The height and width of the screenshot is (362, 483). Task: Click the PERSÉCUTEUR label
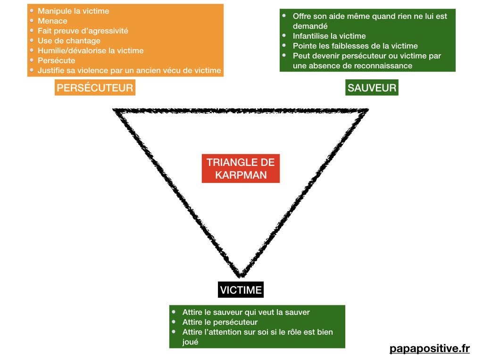(x=95, y=87)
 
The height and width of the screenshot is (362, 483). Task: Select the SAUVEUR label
(x=372, y=87)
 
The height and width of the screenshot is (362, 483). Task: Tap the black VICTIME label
(x=241, y=289)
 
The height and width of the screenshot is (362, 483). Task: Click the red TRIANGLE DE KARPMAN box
(x=241, y=168)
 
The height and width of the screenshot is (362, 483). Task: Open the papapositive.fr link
(x=430, y=348)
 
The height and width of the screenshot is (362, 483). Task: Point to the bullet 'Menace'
(x=52, y=21)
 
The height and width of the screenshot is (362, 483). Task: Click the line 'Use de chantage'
(x=69, y=41)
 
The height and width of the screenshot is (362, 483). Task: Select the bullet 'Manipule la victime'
(x=73, y=11)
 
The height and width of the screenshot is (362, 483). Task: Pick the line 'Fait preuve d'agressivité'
(x=83, y=31)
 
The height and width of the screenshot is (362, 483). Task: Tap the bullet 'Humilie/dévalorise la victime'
(x=91, y=50)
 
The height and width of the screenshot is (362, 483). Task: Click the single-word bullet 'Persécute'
(x=56, y=60)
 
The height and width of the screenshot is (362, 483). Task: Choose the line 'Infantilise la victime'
(x=329, y=36)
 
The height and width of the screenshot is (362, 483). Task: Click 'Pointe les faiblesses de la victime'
(x=355, y=46)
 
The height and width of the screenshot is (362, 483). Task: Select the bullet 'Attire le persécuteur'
(x=220, y=322)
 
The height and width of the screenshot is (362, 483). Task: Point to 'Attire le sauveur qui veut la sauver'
(x=246, y=312)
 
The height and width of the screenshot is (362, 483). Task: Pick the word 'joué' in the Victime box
(x=190, y=342)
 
